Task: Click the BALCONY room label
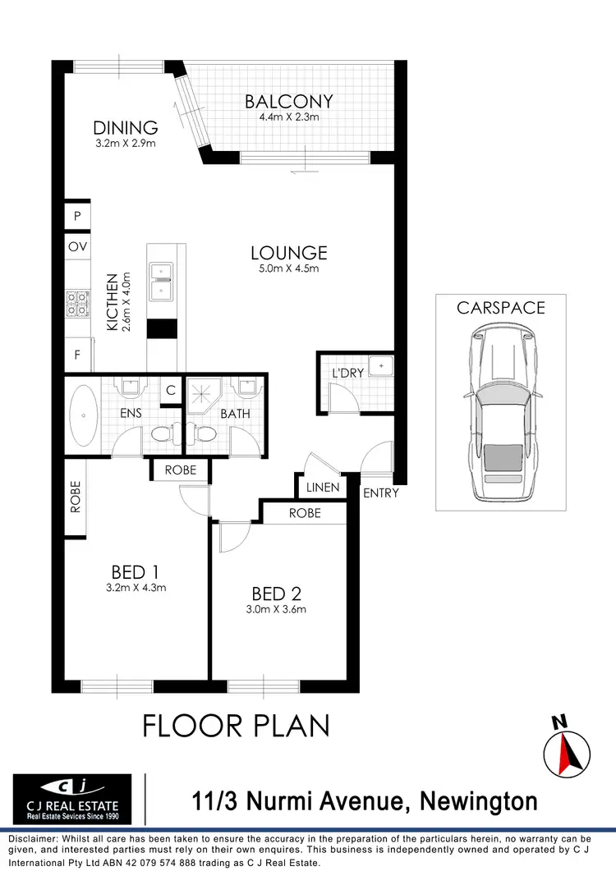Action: coord(289,101)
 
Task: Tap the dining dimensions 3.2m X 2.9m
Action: coord(125,144)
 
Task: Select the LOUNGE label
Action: coord(289,253)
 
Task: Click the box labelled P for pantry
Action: coord(77,217)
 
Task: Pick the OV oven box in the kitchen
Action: coord(77,247)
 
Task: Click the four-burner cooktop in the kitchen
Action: coord(77,305)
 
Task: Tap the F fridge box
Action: coord(77,355)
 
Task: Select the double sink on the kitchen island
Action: coord(161,280)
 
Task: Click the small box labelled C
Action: coord(171,391)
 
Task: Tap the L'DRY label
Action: coord(347,374)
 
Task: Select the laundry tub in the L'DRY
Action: coord(381,366)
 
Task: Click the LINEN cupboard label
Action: coord(323,487)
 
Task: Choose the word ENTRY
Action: coord(380,493)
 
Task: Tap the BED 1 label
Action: coord(134,571)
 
